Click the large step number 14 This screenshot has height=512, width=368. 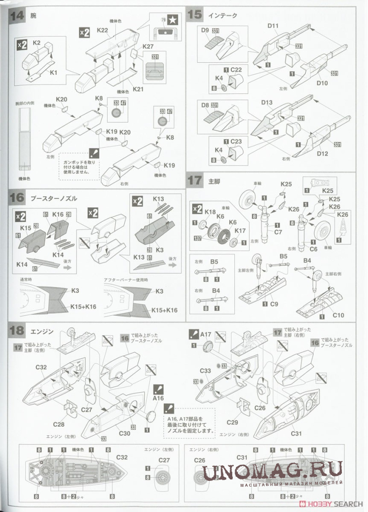pyautogui.click(x=17, y=15)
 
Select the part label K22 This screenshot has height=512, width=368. pyautogui.click(x=102, y=31)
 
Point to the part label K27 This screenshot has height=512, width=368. pyautogui.click(x=148, y=47)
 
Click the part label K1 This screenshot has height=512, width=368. pyautogui.click(x=53, y=73)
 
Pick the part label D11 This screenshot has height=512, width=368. pyautogui.click(x=273, y=26)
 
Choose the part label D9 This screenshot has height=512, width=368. pyautogui.click(x=205, y=31)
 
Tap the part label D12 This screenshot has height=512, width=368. pyautogui.click(x=322, y=153)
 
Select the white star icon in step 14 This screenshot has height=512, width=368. pyautogui.click(x=173, y=21)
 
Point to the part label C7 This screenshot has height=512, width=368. pyautogui.click(x=278, y=232)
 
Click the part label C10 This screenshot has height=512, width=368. pyautogui.click(x=338, y=315)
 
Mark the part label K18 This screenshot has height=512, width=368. pyautogui.click(x=210, y=212)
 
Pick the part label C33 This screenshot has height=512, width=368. pyautogui.click(x=205, y=371)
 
